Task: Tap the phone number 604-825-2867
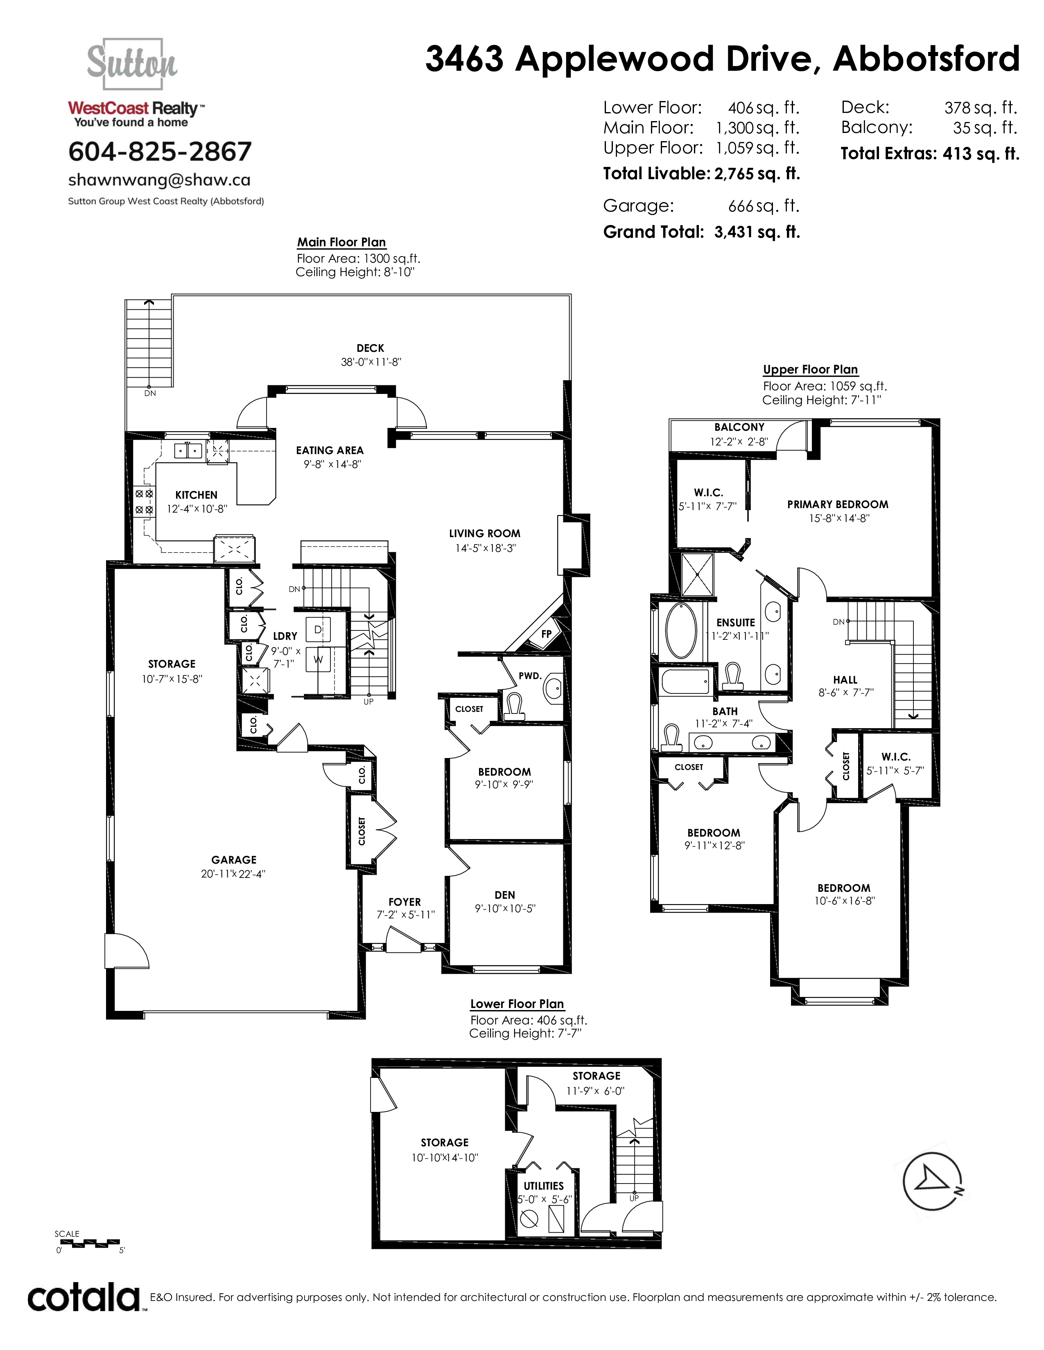coord(160,151)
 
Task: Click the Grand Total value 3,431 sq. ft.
coord(757,232)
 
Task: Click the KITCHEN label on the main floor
coord(196,495)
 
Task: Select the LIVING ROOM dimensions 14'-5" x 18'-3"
coord(485,548)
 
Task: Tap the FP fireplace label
coord(546,634)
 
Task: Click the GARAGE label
coord(234,859)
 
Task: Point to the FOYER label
coord(404,902)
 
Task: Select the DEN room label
coord(505,894)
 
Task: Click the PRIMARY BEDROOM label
coord(837,504)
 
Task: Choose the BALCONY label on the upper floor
coord(739,427)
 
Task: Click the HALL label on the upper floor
coord(845,680)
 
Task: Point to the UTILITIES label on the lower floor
coord(544,1186)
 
